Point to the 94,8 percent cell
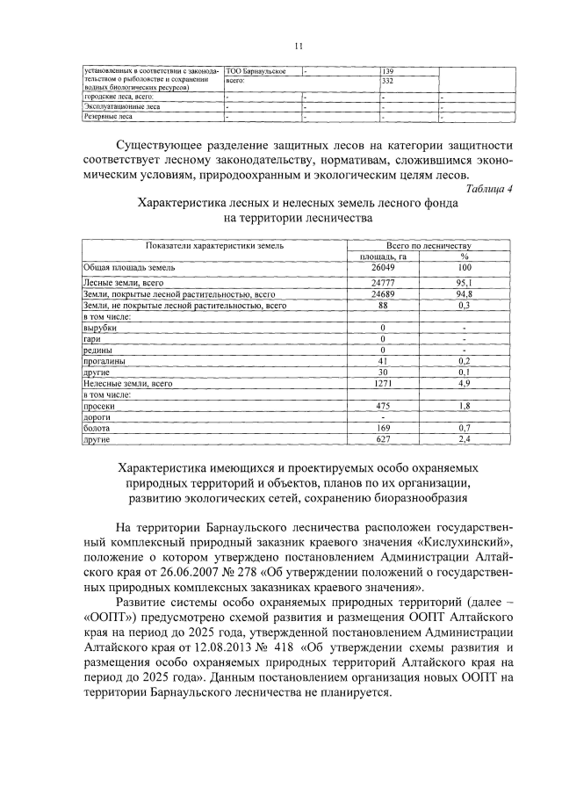[465, 294]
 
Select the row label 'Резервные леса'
[109, 115]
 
